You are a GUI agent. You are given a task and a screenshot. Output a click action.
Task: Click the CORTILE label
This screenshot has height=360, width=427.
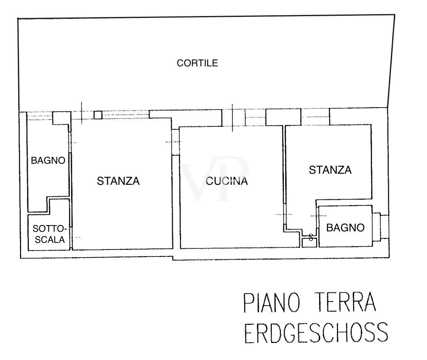197,63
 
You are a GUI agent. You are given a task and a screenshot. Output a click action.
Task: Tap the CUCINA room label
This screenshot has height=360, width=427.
227,181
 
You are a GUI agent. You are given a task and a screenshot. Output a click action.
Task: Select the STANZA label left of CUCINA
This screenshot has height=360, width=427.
118,181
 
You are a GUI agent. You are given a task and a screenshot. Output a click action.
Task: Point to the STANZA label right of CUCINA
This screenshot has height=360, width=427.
330,170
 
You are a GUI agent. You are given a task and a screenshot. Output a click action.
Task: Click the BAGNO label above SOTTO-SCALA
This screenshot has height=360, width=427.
48,160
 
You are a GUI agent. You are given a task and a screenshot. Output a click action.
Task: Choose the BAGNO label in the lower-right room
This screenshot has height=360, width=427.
345,228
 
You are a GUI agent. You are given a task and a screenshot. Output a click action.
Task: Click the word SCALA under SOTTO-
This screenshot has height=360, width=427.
50,240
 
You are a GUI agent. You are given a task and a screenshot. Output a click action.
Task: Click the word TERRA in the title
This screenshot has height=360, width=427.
345,302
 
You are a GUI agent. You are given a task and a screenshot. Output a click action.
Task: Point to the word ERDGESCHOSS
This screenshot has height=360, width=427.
316,333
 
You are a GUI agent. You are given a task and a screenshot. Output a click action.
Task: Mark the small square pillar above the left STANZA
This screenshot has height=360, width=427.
98,115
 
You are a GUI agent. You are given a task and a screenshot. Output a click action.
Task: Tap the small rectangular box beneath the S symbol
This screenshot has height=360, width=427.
310,242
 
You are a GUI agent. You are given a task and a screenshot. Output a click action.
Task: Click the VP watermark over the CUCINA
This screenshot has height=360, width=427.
214,179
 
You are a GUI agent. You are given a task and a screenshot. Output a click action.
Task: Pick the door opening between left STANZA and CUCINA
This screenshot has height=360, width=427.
176,142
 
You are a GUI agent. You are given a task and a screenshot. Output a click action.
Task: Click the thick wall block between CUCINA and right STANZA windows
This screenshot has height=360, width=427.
283,117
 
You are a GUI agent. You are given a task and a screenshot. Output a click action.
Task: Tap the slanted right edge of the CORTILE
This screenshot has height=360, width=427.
391,61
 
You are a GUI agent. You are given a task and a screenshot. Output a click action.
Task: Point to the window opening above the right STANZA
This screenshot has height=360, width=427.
315,117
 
